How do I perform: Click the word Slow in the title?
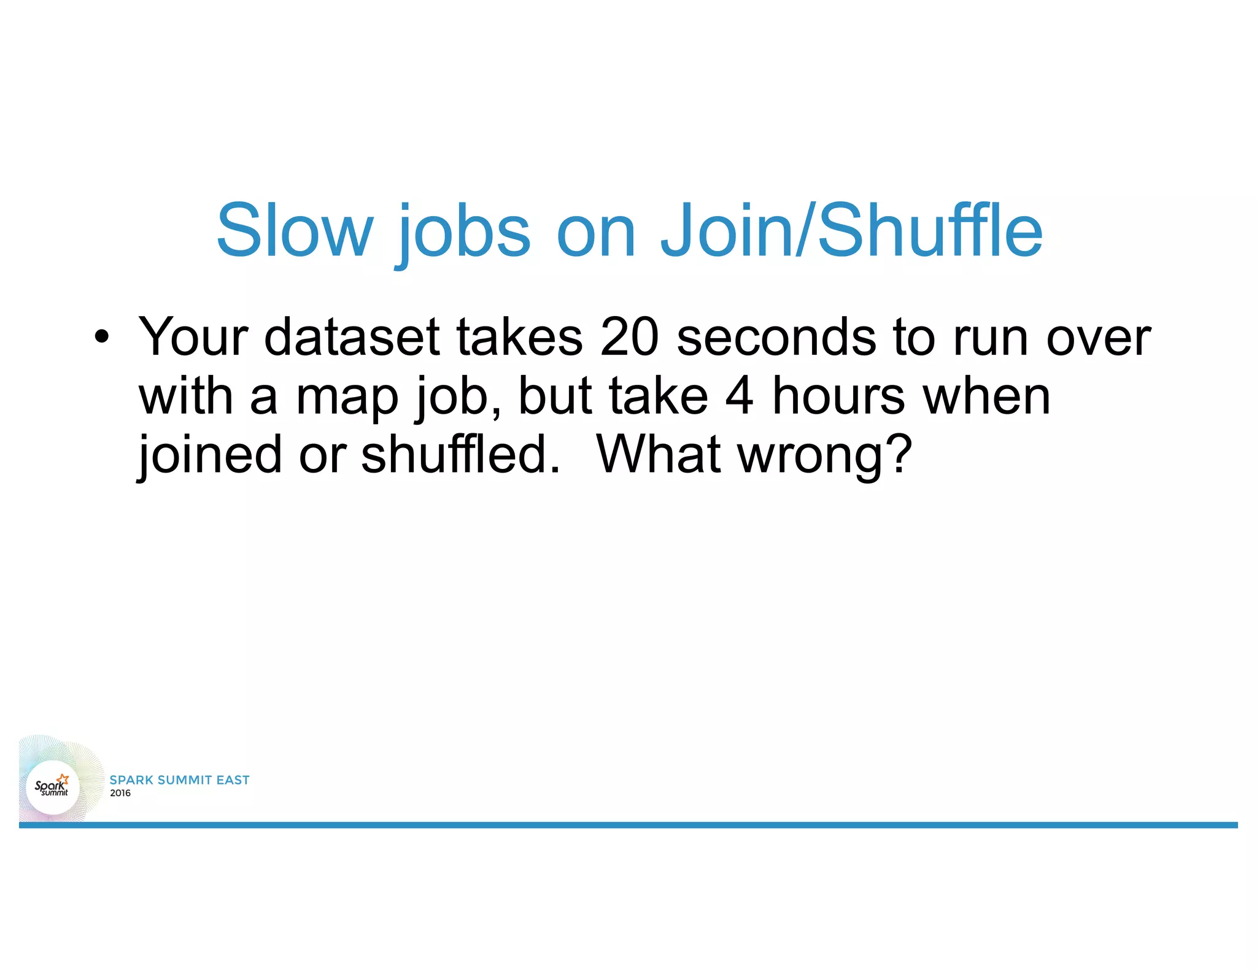click(295, 231)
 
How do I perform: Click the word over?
click(1098, 338)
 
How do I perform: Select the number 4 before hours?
click(739, 396)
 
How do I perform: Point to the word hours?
click(838, 396)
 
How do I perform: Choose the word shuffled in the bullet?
click(460, 454)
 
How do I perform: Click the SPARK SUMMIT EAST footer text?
click(179, 780)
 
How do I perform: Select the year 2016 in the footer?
click(120, 793)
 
